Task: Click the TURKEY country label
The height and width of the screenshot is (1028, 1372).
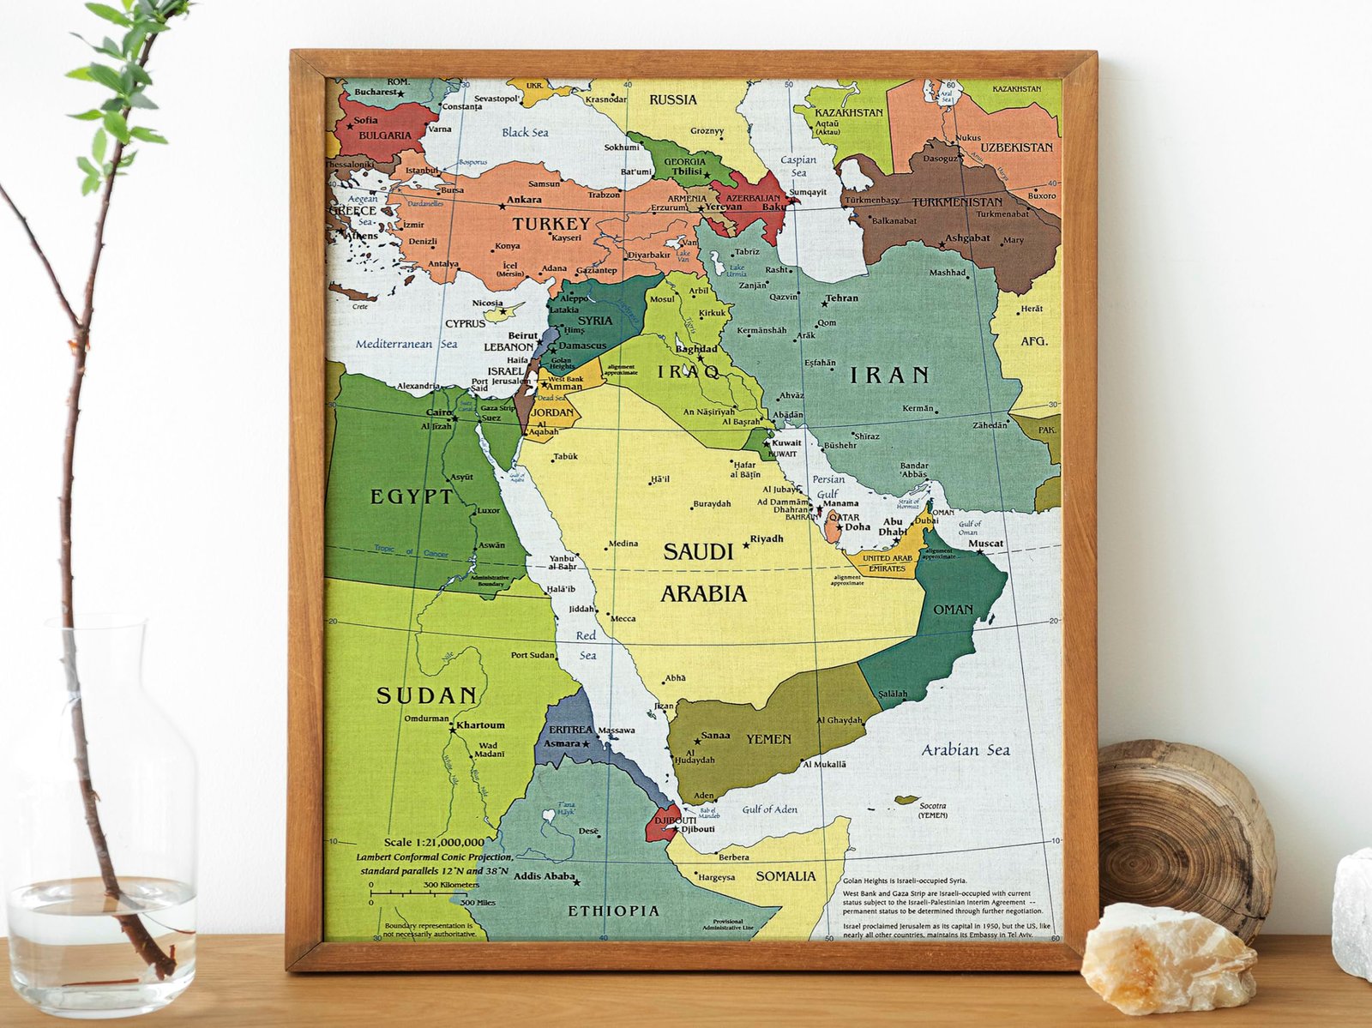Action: (551, 224)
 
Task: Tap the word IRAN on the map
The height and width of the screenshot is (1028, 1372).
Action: (889, 375)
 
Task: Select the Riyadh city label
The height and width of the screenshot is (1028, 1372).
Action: (767, 539)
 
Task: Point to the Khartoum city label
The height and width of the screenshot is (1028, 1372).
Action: (480, 725)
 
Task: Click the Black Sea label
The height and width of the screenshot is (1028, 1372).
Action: (525, 133)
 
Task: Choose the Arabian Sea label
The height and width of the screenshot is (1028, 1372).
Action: (966, 750)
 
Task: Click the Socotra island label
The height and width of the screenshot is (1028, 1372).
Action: (932, 806)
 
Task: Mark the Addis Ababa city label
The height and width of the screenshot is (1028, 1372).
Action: (544, 876)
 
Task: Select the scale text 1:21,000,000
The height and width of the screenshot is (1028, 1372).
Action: (433, 843)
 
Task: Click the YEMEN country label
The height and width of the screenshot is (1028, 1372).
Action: (768, 739)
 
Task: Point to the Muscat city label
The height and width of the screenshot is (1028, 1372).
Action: (985, 544)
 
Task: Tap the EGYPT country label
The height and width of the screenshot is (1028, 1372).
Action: (412, 497)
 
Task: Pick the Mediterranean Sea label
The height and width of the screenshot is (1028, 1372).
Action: (406, 344)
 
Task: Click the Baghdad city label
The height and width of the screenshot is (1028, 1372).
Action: (695, 349)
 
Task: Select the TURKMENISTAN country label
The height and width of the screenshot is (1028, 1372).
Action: (957, 202)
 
